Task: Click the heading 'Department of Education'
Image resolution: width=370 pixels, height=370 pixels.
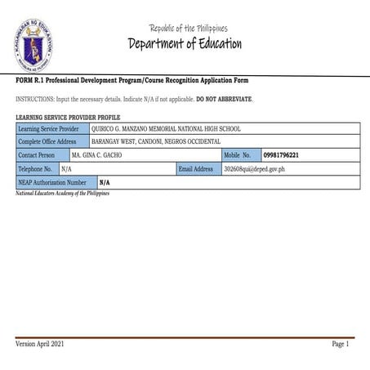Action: (x=185, y=43)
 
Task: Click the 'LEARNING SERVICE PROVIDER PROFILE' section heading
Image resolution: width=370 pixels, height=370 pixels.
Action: (x=68, y=118)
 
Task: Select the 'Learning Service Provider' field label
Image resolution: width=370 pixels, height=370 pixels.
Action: (x=48, y=128)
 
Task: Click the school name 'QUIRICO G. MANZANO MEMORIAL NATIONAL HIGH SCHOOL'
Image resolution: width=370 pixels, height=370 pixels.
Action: (x=166, y=128)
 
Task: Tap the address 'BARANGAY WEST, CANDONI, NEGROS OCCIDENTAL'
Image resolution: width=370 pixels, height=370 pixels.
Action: (x=155, y=141)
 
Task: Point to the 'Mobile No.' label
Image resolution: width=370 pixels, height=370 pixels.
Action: (x=237, y=155)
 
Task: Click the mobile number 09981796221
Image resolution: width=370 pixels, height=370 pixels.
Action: (x=281, y=155)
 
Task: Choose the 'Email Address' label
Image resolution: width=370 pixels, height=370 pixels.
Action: (x=196, y=169)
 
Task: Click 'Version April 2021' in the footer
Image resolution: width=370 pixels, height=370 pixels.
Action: (x=40, y=345)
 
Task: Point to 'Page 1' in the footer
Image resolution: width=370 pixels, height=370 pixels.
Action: (x=341, y=345)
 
